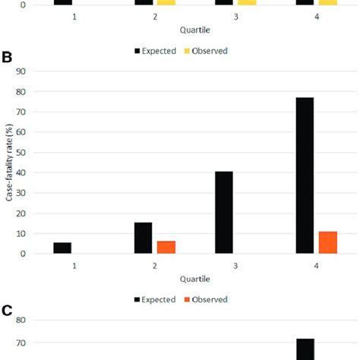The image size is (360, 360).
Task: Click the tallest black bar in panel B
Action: coord(305,175)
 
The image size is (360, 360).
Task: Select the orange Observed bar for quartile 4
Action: coord(327,242)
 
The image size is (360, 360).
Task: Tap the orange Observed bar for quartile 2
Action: coord(166,247)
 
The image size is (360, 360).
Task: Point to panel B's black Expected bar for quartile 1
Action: coord(63,248)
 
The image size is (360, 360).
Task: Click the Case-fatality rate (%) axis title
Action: coord(10,163)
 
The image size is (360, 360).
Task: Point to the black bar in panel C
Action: coord(305,349)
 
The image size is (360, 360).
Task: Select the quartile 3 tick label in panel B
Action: coord(235,265)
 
